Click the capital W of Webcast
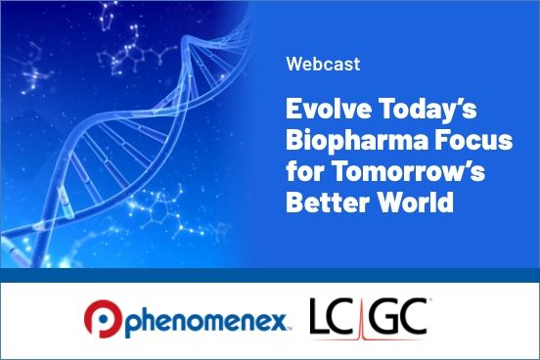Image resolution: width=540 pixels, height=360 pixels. pyautogui.click(x=294, y=66)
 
